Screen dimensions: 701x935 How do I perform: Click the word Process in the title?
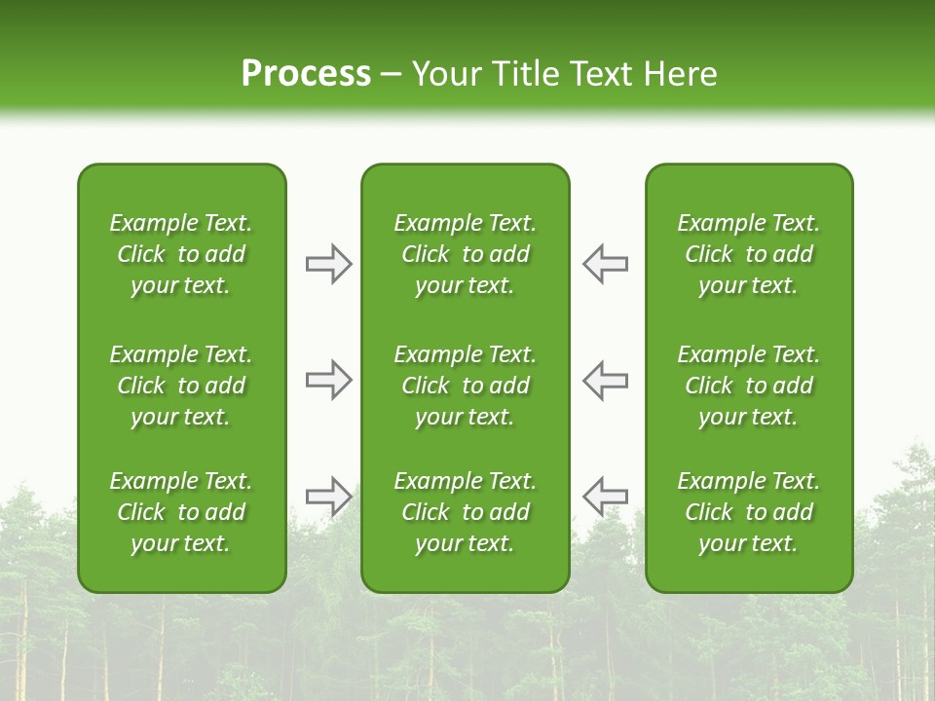pyautogui.click(x=306, y=74)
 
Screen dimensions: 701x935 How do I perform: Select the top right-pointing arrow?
pyautogui.click(x=329, y=264)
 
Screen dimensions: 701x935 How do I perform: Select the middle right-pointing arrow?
pyautogui.click(x=329, y=380)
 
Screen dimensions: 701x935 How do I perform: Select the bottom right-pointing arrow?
pyautogui.click(x=329, y=497)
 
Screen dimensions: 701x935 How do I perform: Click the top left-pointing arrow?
pyautogui.click(x=605, y=264)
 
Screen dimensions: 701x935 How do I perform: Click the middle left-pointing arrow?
pyautogui.click(x=605, y=380)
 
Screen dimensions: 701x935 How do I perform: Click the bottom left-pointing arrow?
pyautogui.click(x=605, y=497)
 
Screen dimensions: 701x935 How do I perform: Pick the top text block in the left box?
pyautogui.click(x=181, y=254)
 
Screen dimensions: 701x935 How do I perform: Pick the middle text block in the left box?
pyautogui.click(x=181, y=386)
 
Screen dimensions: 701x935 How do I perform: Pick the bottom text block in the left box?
pyautogui.click(x=181, y=512)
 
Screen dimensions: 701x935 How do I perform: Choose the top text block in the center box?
pyautogui.click(x=465, y=254)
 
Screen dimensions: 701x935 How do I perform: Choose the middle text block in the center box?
pyautogui.click(x=465, y=386)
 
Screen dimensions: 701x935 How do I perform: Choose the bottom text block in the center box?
pyautogui.click(x=465, y=512)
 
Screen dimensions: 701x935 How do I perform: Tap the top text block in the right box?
pyautogui.click(x=748, y=254)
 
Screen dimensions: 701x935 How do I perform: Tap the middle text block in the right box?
pyautogui.click(x=748, y=386)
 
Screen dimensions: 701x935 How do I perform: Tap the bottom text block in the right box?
pyautogui.click(x=748, y=512)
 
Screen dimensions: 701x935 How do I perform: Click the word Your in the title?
pyautogui.click(x=443, y=74)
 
